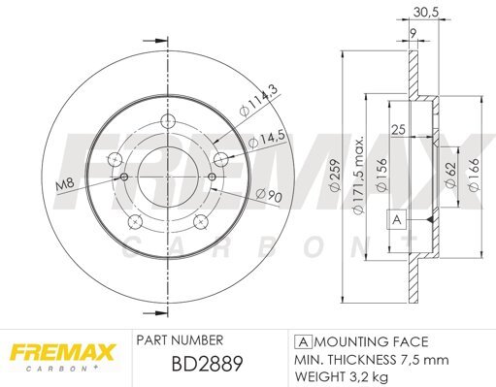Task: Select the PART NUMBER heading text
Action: coord(181,341)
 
